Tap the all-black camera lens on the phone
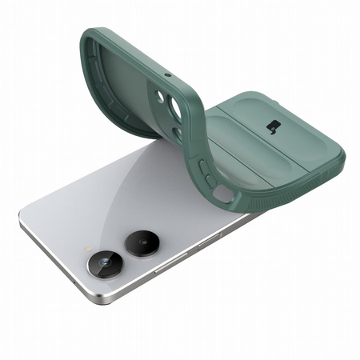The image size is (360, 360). pos(142,239)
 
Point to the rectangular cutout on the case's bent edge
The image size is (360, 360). pos(225,194)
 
